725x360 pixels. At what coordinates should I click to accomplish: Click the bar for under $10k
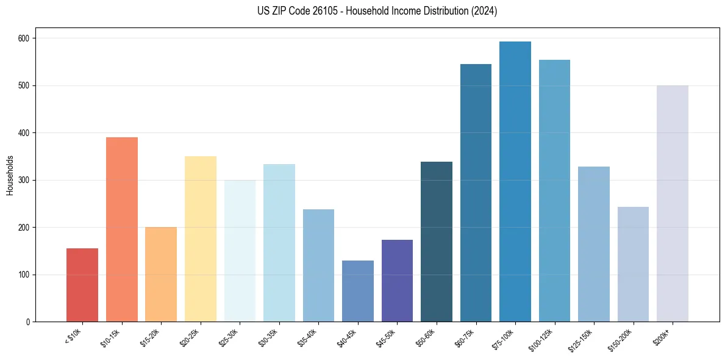click(82, 285)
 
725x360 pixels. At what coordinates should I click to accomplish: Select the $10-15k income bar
click(122, 229)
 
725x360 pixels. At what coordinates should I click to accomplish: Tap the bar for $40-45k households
click(358, 291)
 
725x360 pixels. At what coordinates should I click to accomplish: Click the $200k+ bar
click(673, 204)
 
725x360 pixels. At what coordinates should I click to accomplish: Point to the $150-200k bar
click(633, 264)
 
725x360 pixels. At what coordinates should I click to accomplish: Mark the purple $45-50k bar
click(397, 281)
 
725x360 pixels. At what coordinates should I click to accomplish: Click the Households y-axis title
click(10, 175)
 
